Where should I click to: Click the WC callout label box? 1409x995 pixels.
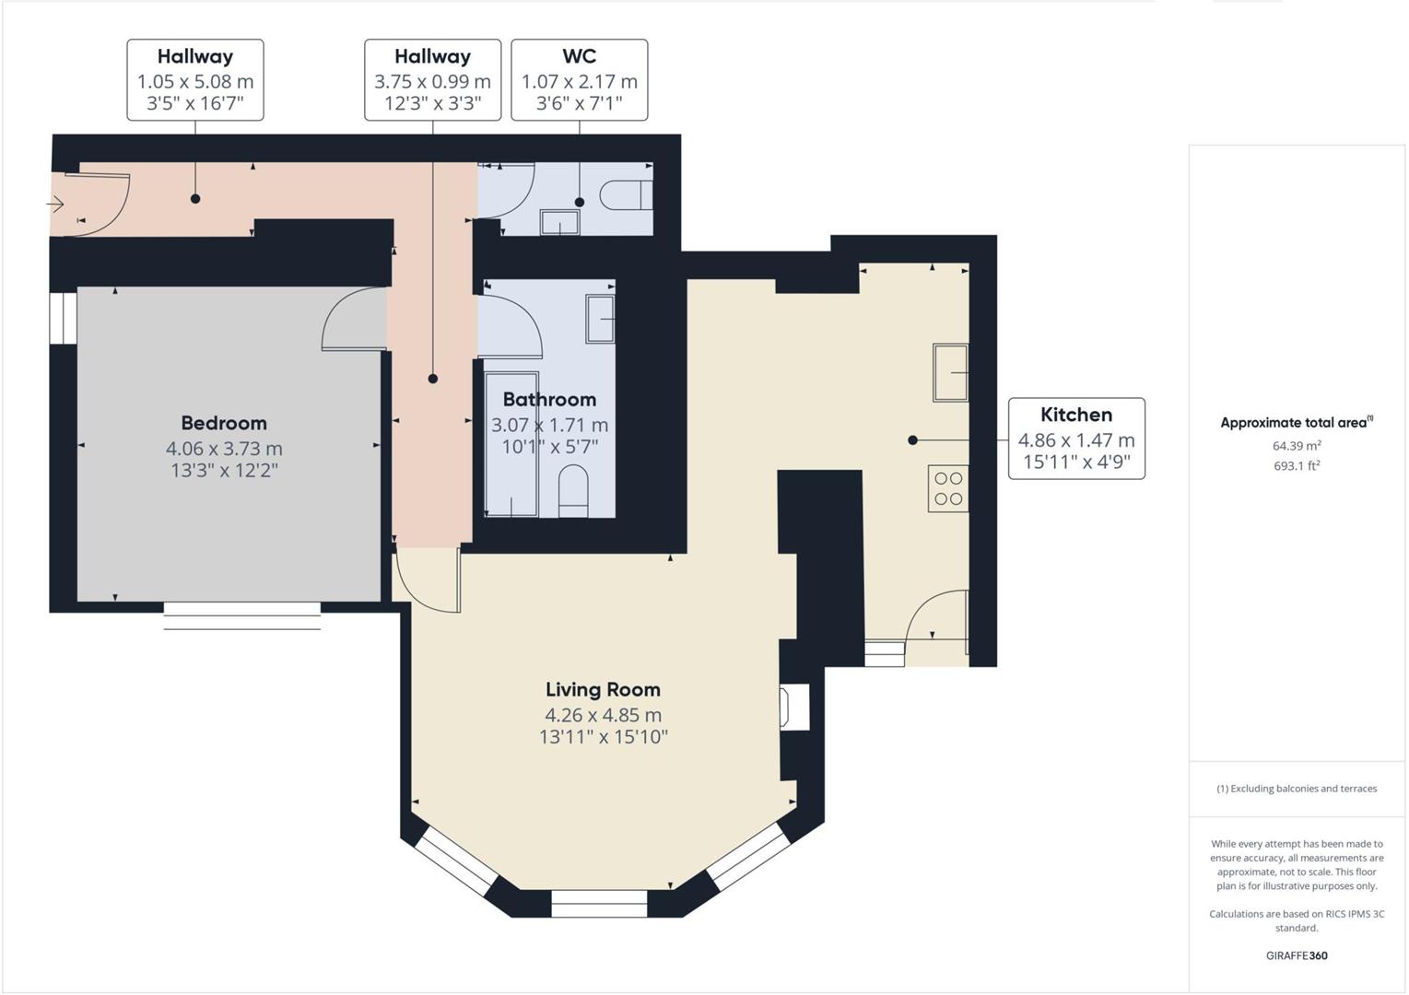tap(579, 80)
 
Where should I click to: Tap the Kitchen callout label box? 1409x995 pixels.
tap(1076, 439)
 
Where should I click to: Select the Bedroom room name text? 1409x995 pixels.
tap(224, 423)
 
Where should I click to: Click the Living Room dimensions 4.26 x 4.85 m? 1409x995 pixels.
tap(603, 715)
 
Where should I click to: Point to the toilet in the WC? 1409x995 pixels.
tap(626, 195)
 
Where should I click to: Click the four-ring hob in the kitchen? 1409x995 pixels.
tap(948, 488)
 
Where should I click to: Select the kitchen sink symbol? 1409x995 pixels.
tap(950, 372)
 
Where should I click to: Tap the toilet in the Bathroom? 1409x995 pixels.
tap(573, 490)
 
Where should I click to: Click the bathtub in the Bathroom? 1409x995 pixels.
tap(511, 444)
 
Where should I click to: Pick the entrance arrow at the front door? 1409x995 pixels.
tap(56, 204)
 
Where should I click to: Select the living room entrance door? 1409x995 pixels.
tap(426, 580)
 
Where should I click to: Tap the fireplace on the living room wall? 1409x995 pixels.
tap(793, 708)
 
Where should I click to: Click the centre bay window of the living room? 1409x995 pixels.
tap(599, 904)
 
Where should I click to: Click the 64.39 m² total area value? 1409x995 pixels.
tap(1296, 446)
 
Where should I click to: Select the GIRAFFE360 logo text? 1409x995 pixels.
tap(1296, 955)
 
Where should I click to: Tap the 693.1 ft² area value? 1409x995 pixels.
tap(1296, 466)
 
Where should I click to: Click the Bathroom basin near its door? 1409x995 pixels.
tap(600, 319)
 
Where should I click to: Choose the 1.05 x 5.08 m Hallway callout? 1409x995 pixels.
tap(195, 80)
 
